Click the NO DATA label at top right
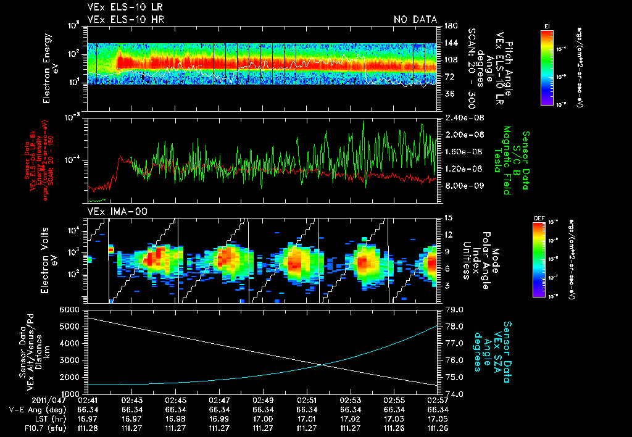(415, 20)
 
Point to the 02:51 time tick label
(307, 400)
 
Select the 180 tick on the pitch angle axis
(449, 26)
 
